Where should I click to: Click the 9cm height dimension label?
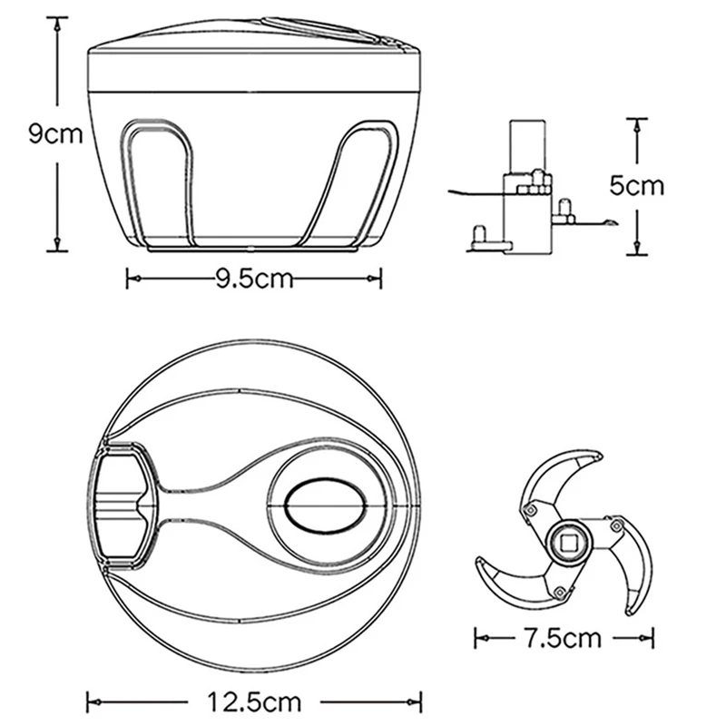coord(55,133)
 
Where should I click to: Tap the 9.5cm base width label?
coord(255,279)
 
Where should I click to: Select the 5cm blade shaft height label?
coord(637,186)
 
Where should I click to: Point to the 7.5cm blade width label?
coord(563,639)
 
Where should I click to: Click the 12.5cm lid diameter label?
coord(254,702)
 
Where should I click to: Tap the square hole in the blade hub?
coord(569,542)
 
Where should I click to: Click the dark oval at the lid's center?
coord(326,505)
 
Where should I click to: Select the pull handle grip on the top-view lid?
coord(123,505)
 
